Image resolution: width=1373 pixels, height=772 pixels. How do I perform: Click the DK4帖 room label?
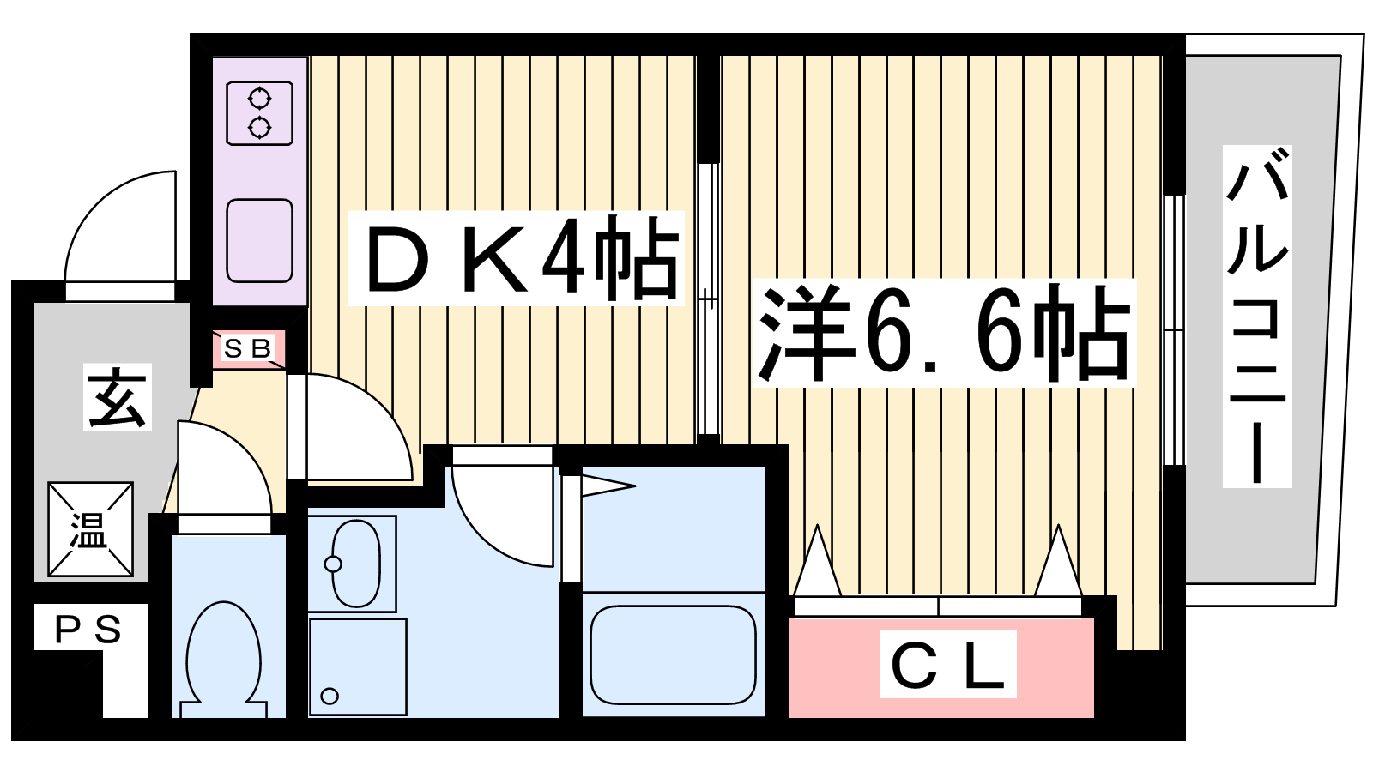tap(516, 258)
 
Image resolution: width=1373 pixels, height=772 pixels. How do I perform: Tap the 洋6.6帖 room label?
tap(944, 333)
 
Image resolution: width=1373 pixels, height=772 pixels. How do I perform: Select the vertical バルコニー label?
tap(1257, 317)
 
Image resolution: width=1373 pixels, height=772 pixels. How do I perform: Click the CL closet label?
tap(947, 664)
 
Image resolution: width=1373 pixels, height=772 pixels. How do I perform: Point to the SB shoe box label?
tap(248, 348)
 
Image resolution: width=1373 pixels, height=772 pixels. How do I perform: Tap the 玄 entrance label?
tap(117, 397)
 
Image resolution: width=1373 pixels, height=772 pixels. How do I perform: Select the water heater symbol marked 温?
tap(91, 529)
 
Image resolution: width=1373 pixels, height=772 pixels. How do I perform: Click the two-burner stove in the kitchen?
tap(259, 113)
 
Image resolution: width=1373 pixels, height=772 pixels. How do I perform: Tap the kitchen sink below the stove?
tap(259, 241)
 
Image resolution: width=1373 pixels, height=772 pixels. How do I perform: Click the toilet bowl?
tap(224, 660)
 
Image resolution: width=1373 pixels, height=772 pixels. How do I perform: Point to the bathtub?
tap(673, 655)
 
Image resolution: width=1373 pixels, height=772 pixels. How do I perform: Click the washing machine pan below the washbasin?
tap(358, 666)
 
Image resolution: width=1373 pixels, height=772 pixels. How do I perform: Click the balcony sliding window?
tap(1174, 330)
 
